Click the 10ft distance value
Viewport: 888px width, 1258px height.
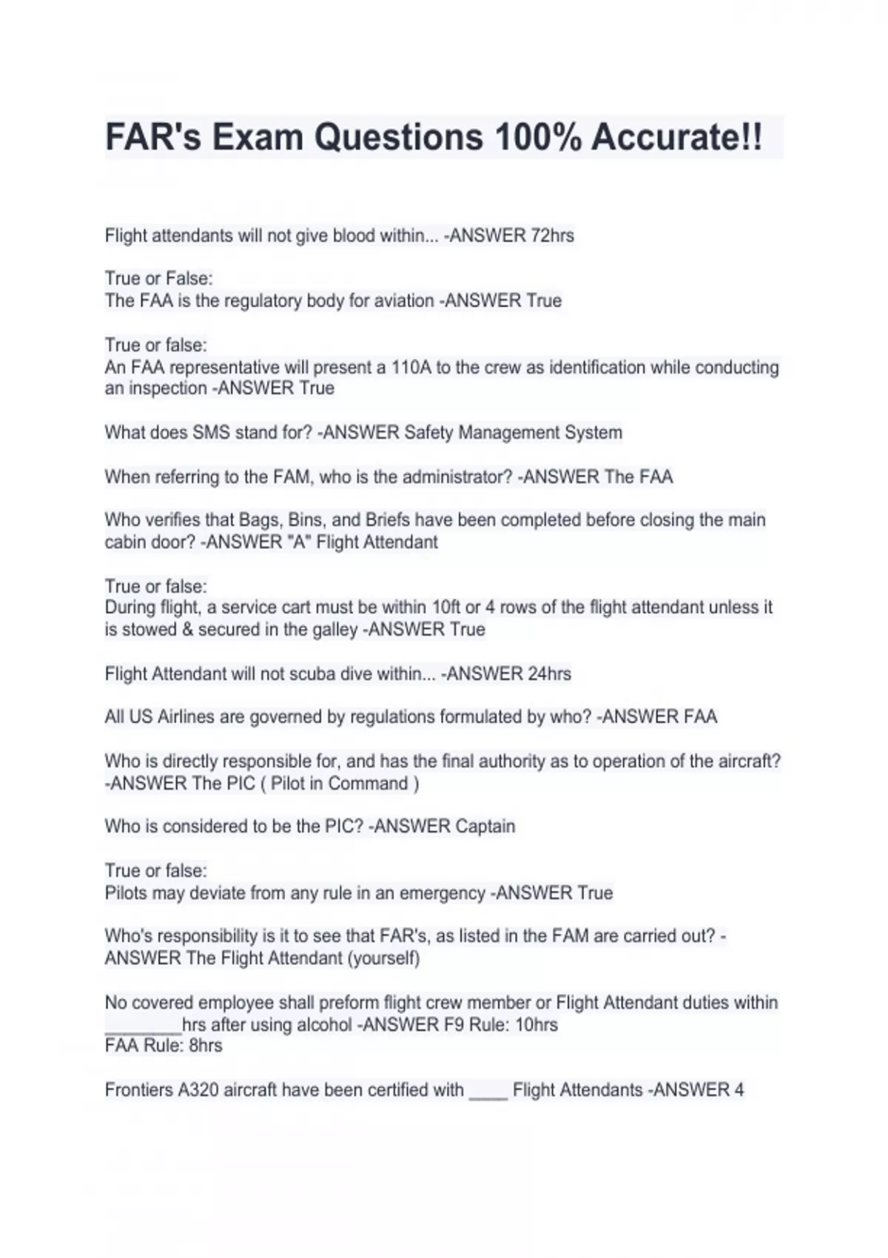[446, 608]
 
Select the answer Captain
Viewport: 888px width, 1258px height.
[485, 827]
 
